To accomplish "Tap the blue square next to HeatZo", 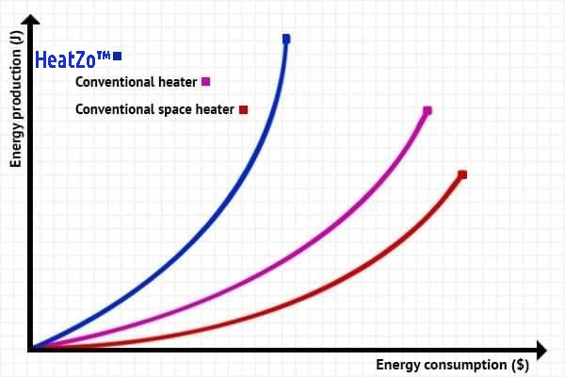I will click(x=117, y=57).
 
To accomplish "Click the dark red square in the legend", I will click(x=243, y=109).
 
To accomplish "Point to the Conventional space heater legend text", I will click(x=154, y=109).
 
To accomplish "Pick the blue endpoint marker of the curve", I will click(x=286, y=39).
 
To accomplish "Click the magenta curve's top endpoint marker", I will click(x=428, y=110).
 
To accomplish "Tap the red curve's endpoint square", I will click(x=462, y=174).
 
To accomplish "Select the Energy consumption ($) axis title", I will click(x=452, y=365).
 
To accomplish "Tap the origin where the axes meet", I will click(x=31, y=350).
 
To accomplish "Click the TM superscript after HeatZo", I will click(x=104, y=55).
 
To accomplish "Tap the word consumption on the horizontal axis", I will click(x=464, y=365).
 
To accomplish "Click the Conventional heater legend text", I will click(x=136, y=82).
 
